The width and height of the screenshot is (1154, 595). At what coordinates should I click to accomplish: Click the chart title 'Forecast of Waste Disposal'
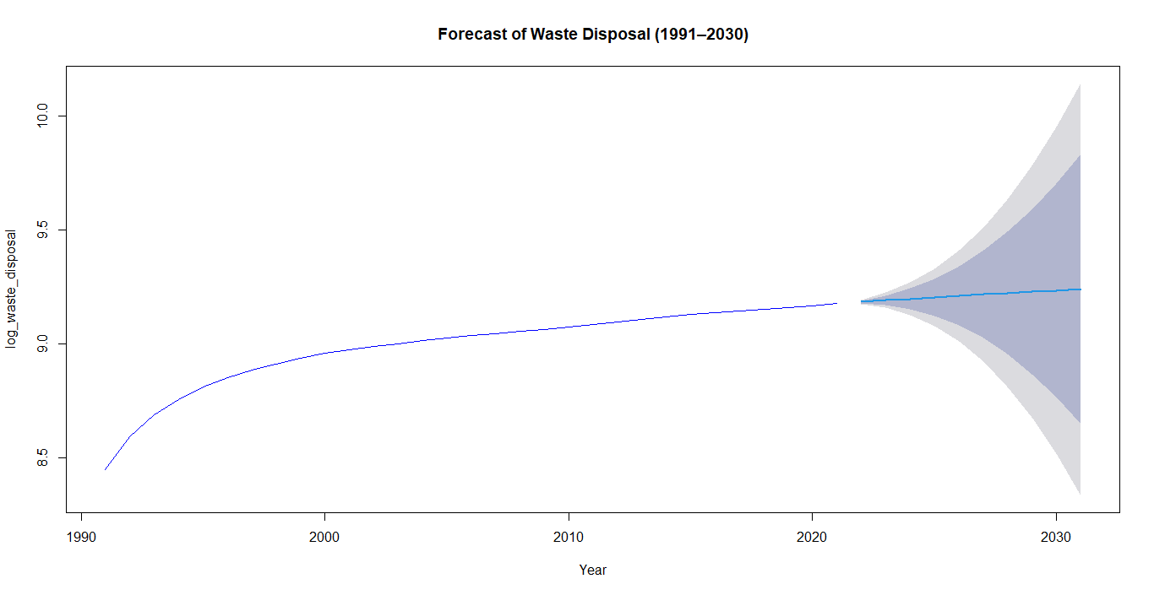(593, 35)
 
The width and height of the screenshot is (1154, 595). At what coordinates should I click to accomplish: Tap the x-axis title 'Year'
(593, 570)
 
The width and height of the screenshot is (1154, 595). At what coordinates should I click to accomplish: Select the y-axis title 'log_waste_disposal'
(12, 289)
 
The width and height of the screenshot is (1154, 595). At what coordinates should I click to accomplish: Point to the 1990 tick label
(81, 538)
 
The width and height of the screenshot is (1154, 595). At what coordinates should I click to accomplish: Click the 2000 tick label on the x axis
(324, 538)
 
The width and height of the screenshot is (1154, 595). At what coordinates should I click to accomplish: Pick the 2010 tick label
(569, 538)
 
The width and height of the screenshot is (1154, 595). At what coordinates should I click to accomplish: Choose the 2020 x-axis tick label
(812, 538)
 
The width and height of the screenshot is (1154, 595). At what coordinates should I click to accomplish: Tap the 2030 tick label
(1056, 538)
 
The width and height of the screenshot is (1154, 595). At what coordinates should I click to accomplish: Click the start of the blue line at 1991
(106, 469)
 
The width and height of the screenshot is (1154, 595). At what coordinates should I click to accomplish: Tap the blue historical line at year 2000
(324, 353)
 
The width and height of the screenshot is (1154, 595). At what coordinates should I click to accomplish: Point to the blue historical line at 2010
(569, 327)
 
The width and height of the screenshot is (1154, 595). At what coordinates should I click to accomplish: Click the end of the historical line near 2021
(836, 303)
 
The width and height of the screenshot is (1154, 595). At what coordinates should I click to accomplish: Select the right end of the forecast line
(1081, 289)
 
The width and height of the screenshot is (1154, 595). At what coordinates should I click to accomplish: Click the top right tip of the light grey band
(1080, 85)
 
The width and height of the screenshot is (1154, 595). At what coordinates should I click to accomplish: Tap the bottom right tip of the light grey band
(1080, 494)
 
